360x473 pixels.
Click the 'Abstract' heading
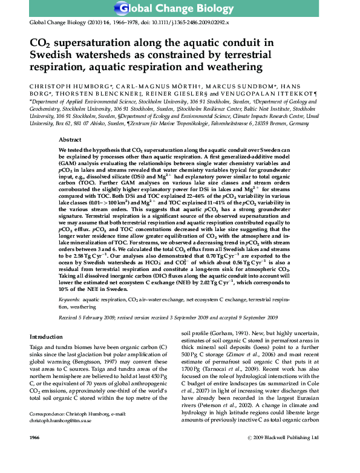(71, 139)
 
